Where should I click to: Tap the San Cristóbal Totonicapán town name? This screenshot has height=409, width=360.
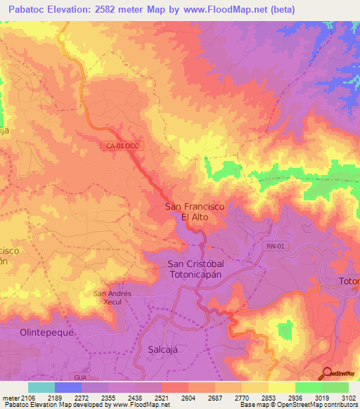(x=200, y=269)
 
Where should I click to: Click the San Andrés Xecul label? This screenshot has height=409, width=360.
(x=112, y=297)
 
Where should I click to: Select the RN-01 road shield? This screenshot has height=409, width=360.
(x=276, y=246)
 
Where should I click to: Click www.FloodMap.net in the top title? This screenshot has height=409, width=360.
(x=224, y=9)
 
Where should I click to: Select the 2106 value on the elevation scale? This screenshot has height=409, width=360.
(x=27, y=398)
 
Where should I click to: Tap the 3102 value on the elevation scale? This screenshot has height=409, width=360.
(x=347, y=398)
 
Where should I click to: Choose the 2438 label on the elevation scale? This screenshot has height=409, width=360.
(x=135, y=398)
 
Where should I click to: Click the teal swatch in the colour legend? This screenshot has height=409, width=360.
(x=41, y=387)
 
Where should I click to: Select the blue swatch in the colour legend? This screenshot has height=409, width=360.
(x=67, y=387)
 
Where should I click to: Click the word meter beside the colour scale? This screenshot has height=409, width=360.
(x=9, y=398)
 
